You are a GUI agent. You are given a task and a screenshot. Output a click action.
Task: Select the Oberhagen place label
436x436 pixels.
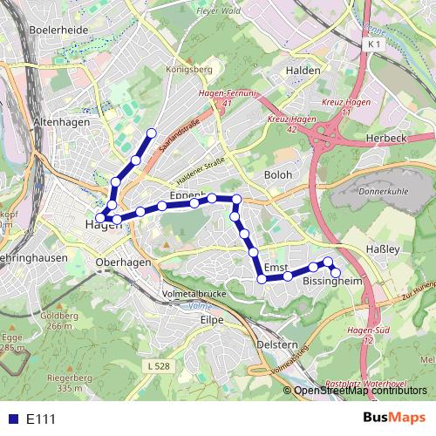tap(125, 262)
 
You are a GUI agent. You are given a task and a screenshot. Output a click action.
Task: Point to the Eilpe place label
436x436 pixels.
tap(212, 320)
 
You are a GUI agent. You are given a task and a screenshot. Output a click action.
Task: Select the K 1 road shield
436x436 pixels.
tap(375, 43)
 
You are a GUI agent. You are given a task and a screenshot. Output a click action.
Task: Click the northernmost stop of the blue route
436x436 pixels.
tap(152, 133)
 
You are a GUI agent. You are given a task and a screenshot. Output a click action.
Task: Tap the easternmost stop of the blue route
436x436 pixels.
tap(336, 273)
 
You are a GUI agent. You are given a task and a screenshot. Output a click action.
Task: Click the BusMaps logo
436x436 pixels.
tap(393, 419)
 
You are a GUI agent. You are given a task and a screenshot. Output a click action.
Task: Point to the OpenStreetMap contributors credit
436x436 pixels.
tap(361, 390)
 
